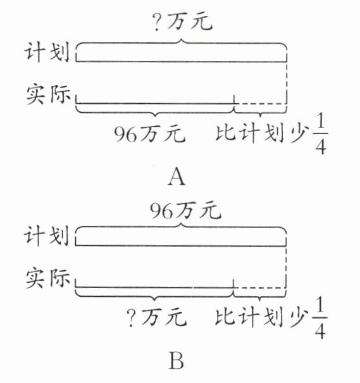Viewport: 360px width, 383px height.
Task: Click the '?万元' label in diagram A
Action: [183, 22]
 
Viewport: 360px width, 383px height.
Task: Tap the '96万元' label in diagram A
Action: [150, 134]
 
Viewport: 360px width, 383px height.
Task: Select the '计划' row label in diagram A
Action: [47, 52]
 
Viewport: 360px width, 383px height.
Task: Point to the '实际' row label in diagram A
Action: [48, 94]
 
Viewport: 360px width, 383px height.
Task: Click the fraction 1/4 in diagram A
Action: [321, 134]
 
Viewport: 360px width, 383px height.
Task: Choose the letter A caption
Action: [177, 177]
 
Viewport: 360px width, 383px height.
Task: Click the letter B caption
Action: [177, 361]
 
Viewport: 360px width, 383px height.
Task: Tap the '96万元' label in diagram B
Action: [185, 210]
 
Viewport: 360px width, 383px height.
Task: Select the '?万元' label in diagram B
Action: [157, 318]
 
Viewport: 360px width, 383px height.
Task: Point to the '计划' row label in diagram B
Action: [46, 235]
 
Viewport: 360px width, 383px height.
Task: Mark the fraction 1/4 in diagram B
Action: [320, 318]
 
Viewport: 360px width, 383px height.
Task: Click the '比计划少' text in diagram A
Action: [261, 133]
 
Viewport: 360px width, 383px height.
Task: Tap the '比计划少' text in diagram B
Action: [261, 317]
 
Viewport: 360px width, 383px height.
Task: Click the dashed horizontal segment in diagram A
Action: [260, 104]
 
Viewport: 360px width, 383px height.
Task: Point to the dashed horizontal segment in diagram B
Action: [259, 288]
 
